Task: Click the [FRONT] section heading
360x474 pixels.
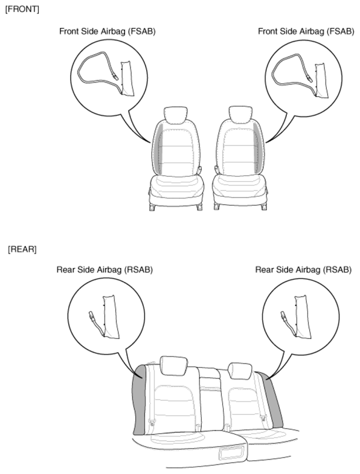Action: coord(22,10)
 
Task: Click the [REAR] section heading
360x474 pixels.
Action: coord(22,249)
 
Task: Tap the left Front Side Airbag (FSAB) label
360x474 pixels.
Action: coord(108,31)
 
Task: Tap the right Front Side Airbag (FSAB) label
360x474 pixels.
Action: coord(306,31)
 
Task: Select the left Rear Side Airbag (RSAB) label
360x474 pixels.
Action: coord(104,270)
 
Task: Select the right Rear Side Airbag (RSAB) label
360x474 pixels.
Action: coord(303,270)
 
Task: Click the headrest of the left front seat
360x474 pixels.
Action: coord(175,115)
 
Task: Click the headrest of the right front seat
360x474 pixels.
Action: coord(240,114)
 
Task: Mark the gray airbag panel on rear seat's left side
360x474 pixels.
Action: coord(141,400)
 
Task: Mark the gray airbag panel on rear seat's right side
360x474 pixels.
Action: coord(273,399)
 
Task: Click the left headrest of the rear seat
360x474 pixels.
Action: coord(173,366)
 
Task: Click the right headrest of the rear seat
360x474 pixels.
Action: coord(240,371)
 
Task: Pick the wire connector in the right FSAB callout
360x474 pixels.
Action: coord(309,78)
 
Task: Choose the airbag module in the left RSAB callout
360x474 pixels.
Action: coord(111,317)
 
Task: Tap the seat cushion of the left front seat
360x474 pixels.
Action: coord(177,190)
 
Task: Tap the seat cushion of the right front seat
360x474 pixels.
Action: coord(240,190)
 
